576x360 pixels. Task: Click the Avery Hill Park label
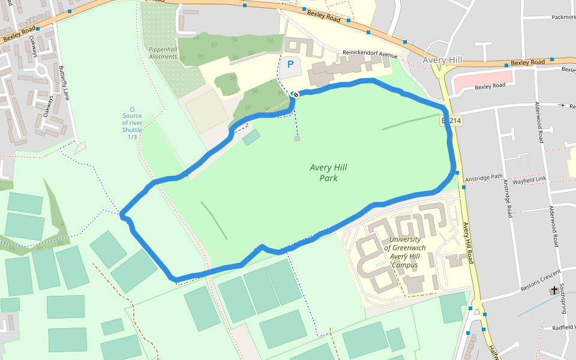coord(328,173)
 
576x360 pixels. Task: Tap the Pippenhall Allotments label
coord(163,53)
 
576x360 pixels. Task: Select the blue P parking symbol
coord(291,64)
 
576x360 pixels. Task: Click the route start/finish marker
coord(295,94)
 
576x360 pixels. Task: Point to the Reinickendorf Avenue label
coord(370,54)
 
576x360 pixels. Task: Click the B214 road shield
coord(451,121)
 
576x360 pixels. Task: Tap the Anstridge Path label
coord(484,178)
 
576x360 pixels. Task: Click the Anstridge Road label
coord(508,197)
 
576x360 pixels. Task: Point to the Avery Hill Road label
coord(468,244)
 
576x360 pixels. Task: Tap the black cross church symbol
coord(554,290)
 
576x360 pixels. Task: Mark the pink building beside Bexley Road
coord(483,81)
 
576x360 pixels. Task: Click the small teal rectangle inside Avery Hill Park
coord(251,137)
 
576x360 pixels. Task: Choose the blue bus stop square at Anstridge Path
coord(457,173)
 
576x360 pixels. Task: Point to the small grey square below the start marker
coord(297,139)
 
